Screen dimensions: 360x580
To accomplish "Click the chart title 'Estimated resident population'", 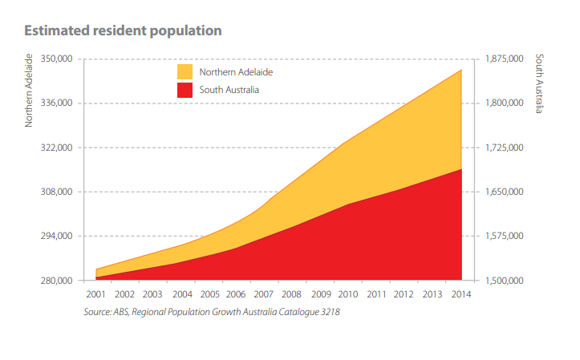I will [123, 31].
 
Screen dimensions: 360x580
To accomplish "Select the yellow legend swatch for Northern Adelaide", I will [185, 71].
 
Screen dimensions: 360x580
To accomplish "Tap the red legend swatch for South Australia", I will [185, 89].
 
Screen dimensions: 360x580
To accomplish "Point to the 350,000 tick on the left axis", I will [56, 59].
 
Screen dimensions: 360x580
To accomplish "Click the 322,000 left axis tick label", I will [56, 148].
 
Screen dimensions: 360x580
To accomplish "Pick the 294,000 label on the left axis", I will [56, 236].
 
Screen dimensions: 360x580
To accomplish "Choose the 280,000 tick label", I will [56, 281].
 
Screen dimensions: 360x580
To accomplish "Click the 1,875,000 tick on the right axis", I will [505, 59].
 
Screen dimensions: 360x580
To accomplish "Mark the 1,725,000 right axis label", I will [505, 148].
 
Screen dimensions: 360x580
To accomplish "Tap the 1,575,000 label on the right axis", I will [505, 236].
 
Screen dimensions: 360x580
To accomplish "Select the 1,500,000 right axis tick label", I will [505, 281].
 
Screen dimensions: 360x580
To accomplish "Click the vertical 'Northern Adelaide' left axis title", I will [29, 91].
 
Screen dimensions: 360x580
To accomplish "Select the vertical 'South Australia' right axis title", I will [539, 84].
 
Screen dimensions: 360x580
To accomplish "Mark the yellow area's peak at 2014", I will [461, 71].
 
